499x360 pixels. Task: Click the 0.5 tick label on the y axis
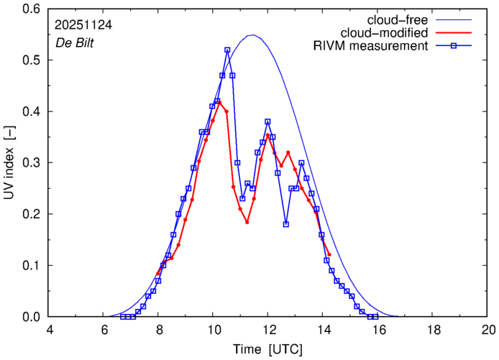(x=32, y=60)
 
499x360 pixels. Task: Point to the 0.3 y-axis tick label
(x=32, y=163)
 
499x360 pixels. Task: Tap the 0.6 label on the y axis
(x=32, y=9)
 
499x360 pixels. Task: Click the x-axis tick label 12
(x=267, y=330)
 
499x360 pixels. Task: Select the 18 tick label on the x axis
(x=434, y=330)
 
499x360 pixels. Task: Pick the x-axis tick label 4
(x=49, y=330)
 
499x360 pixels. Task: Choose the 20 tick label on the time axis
(x=488, y=330)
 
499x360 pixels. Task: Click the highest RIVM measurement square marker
(x=227, y=50)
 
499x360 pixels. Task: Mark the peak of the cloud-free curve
(x=252, y=34)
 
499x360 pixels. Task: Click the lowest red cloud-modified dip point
(x=247, y=222)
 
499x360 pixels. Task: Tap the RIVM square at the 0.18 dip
(x=286, y=224)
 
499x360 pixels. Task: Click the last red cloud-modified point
(x=329, y=254)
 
